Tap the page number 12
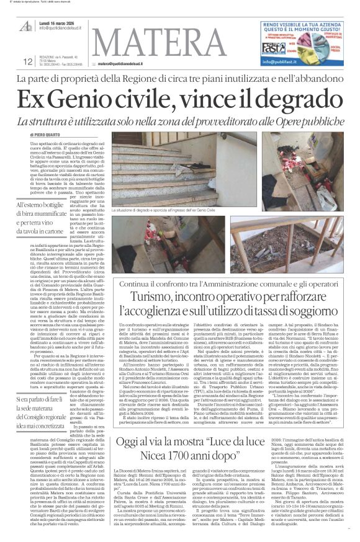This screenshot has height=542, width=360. tap(28, 61)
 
